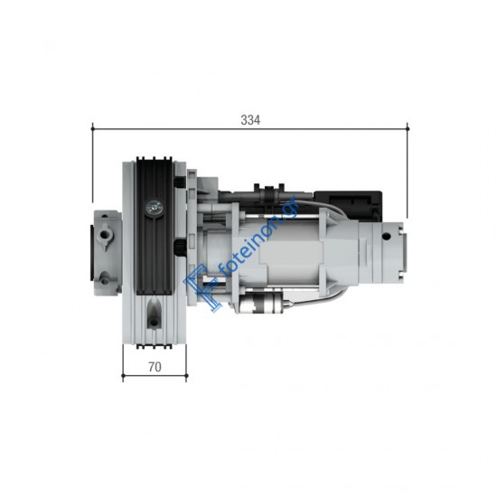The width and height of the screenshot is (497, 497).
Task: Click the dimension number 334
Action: pos(250,120)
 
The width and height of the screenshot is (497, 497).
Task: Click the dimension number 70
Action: pos(155,367)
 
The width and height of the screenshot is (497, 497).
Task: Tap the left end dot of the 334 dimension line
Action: pos(92,128)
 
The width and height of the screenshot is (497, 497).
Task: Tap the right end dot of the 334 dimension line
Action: pos(408,128)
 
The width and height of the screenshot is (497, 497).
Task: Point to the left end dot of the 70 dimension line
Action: pos(123,376)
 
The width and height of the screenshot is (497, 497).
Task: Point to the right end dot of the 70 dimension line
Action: pos(186,376)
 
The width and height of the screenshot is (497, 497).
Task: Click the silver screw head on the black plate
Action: pos(154,207)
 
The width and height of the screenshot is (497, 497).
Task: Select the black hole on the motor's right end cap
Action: pos(386,236)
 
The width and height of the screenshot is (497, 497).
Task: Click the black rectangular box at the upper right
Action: pos(348,205)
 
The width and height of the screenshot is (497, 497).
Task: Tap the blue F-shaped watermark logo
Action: pos(202,289)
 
